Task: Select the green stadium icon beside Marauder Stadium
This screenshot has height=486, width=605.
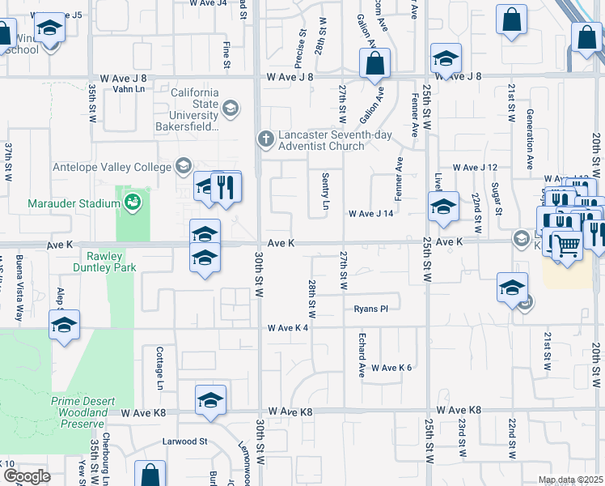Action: click(132, 202)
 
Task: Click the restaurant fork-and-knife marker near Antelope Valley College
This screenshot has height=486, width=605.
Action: click(226, 188)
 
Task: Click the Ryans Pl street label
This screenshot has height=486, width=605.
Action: click(371, 309)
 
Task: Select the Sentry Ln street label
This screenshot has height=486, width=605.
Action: click(325, 191)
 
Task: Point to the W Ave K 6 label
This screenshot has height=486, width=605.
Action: click(391, 368)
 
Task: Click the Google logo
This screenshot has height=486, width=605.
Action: click(26, 476)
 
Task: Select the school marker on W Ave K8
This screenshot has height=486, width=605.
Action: click(210, 400)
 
